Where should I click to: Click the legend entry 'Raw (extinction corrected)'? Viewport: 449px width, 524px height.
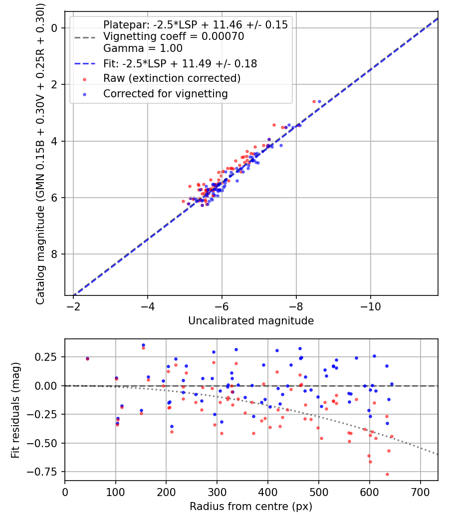pos(172,78)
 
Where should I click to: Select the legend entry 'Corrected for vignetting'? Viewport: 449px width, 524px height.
pos(165,93)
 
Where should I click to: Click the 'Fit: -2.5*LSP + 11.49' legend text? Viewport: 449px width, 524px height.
pos(180,63)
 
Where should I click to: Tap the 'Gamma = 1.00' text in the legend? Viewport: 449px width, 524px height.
pos(143,48)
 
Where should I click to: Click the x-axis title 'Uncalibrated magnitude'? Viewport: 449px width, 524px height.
pos(251,321)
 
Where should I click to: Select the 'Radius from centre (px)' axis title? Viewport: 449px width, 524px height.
pos(251,506)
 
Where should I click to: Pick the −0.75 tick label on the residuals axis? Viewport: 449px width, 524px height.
pos(48,472)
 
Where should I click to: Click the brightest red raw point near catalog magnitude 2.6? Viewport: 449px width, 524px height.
pos(314,101)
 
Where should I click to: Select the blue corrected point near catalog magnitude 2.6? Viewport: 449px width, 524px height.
pos(319,101)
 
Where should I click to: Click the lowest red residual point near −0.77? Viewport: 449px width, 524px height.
pos(387,474)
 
